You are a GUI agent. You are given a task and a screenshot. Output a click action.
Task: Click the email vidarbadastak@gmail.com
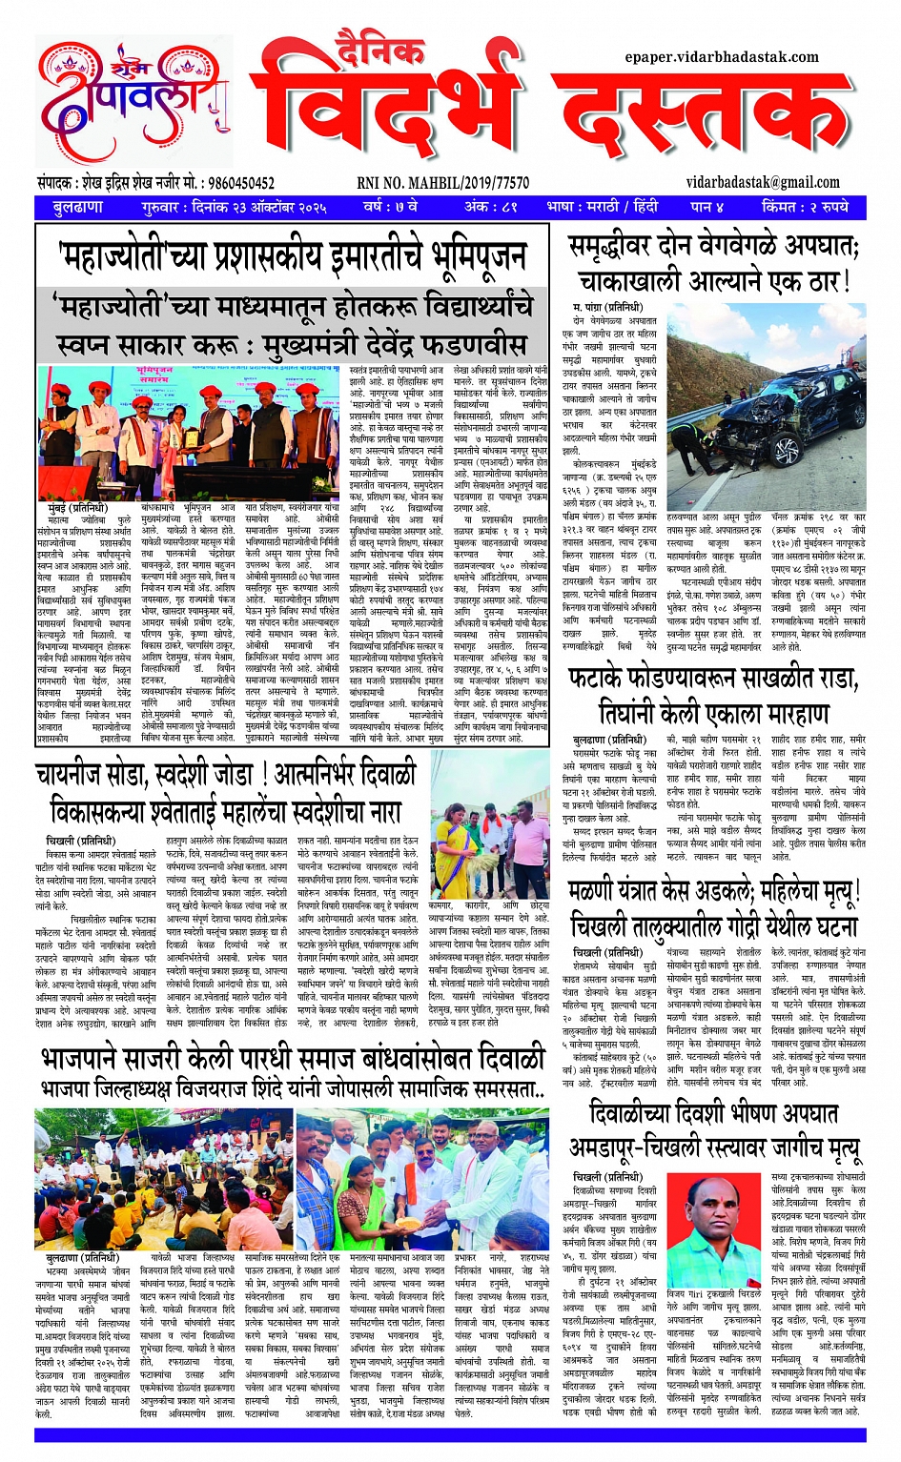tap(763, 183)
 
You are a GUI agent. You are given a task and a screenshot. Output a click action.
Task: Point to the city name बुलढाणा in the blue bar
tap(77, 207)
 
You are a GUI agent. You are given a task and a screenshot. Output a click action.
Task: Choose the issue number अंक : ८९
tap(490, 207)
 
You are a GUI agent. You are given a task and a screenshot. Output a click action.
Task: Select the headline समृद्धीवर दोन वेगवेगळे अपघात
tap(714, 248)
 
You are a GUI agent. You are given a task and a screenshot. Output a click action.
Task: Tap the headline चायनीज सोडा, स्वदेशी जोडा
tap(226, 773)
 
